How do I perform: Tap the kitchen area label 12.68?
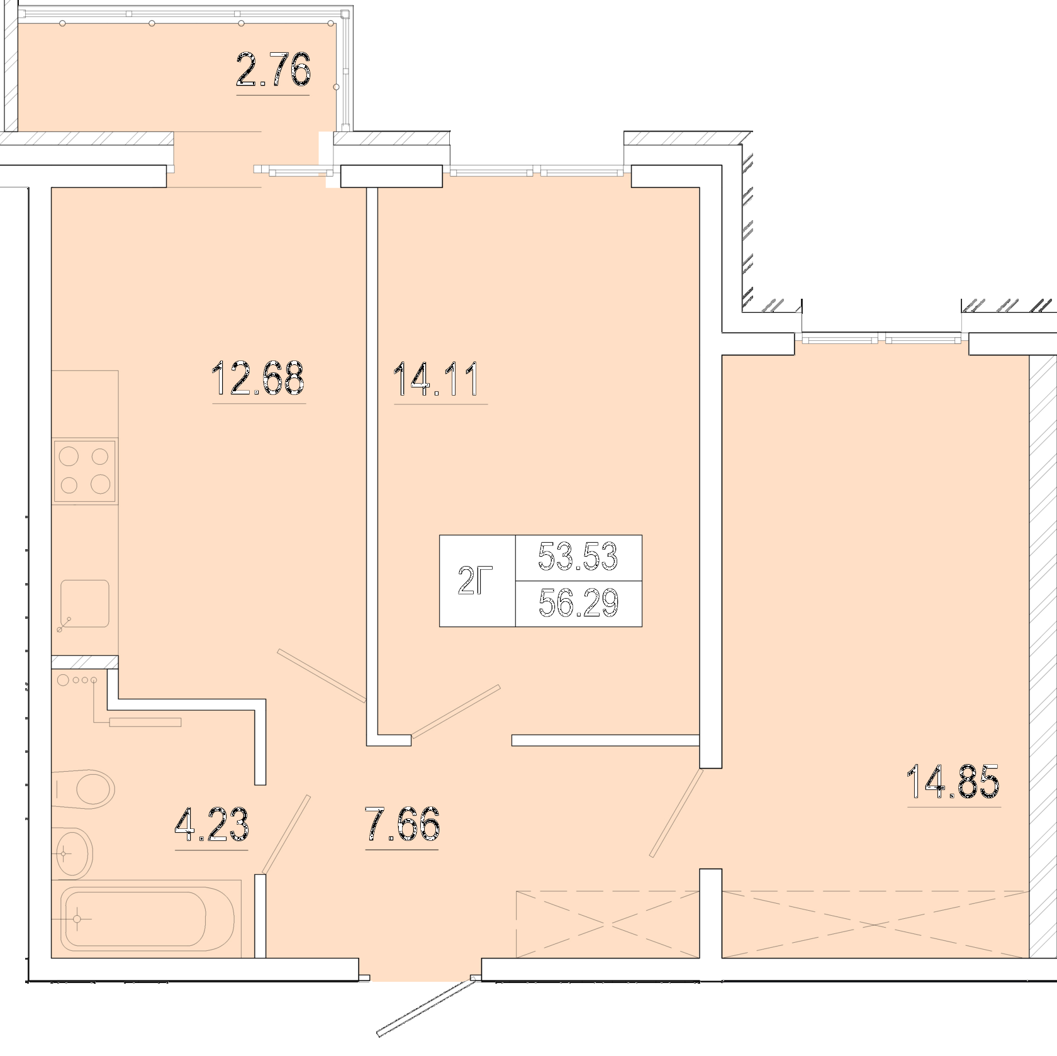(x=259, y=377)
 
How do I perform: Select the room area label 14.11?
(x=437, y=379)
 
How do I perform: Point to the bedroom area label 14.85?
(x=953, y=781)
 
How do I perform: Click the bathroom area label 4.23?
(x=211, y=825)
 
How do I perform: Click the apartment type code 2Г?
(x=475, y=581)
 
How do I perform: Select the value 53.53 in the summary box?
(x=578, y=556)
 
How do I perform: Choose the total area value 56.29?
(x=579, y=603)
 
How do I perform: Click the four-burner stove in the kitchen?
(x=85, y=471)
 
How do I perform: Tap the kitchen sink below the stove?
(x=84, y=604)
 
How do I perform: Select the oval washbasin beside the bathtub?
(x=73, y=853)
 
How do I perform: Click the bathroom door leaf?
(x=286, y=834)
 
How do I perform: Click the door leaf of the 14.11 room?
(x=456, y=711)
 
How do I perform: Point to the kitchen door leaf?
(x=322, y=675)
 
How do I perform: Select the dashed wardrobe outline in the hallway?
(x=608, y=924)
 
